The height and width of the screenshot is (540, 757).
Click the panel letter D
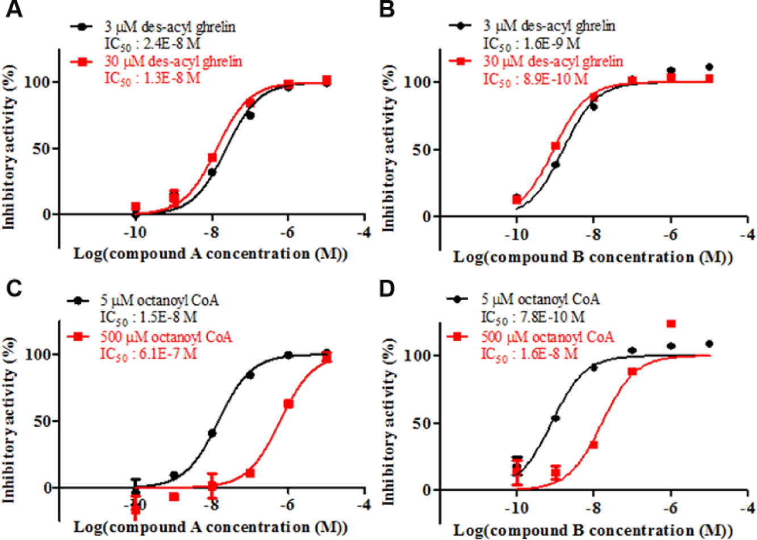[387, 289]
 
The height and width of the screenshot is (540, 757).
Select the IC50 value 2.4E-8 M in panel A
[169, 44]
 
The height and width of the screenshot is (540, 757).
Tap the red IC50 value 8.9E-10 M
[553, 79]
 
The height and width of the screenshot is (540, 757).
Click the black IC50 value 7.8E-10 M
[550, 317]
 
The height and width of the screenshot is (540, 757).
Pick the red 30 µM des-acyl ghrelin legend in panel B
[553, 61]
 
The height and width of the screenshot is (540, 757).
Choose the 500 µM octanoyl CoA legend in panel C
[166, 337]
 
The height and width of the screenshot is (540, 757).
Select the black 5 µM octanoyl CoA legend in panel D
[541, 300]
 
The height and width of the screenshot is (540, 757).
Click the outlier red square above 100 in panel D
[671, 324]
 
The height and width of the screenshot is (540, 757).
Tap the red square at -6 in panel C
[288, 404]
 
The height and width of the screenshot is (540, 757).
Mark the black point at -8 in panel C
[212, 433]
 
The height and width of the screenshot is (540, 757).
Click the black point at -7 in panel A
[250, 115]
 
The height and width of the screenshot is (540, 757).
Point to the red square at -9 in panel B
[555, 146]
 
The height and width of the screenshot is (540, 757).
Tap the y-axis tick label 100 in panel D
[419, 355]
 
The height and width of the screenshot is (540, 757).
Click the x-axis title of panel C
[211, 527]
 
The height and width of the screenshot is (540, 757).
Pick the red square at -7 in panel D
[632, 372]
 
